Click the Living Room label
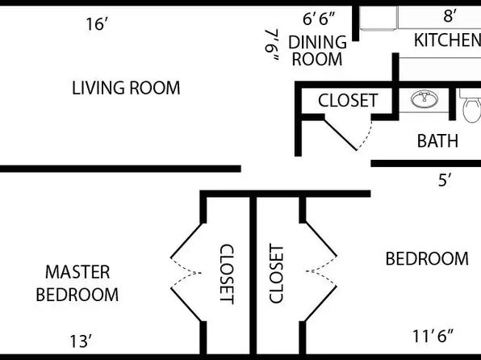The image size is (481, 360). tap(126, 88)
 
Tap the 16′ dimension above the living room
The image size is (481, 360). tap(97, 24)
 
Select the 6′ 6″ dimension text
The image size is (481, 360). tap(319, 19)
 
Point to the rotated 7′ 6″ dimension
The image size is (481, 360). tap(273, 45)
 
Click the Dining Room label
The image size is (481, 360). tap(317, 51)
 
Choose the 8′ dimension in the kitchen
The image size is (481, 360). tap(450, 15)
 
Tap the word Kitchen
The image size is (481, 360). tap(447, 40)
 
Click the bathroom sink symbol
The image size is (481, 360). tap(425, 98)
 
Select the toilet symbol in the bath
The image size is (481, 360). tap(471, 106)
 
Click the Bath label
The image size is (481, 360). tap(437, 141)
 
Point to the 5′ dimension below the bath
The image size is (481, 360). tap(445, 180)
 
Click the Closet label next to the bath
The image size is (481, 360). tap(348, 100)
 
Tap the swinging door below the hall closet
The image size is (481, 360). tap(341, 135)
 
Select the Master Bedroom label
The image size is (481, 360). tap(77, 283)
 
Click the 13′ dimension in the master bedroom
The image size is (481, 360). tap(81, 341)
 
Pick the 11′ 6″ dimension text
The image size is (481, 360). tap(433, 336)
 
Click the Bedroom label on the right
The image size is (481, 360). tap(427, 258)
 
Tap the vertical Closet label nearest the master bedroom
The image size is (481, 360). tap(228, 274)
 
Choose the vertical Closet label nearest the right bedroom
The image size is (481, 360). tap(276, 274)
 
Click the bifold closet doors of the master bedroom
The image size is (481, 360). tap(186, 272)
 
